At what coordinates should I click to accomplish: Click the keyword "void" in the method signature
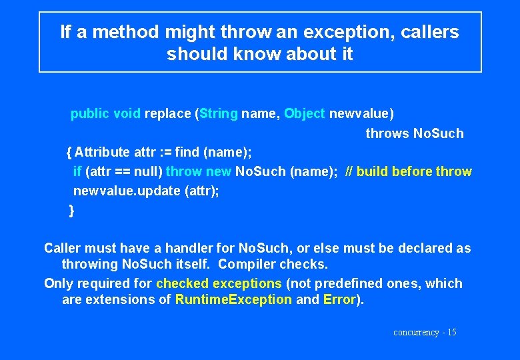pyautogui.click(x=127, y=113)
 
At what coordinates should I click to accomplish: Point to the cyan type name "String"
pyautogui.click(x=218, y=113)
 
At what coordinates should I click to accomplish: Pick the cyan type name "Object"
pyautogui.click(x=304, y=113)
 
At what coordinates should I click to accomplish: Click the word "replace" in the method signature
pyautogui.click(x=167, y=113)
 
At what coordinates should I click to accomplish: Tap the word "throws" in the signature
pyautogui.click(x=387, y=133)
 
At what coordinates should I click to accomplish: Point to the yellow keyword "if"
pyautogui.click(x=77, y=171)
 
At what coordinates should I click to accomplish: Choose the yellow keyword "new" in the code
pyautogui.click(x=219, y=171)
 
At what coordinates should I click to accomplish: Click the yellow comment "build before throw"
pyautogui.click(x=414, y=171)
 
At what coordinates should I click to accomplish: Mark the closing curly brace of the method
pyautogui.click(x=71, y=211)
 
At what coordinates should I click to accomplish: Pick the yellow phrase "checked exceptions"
pyautogui.click(x=219, y=283)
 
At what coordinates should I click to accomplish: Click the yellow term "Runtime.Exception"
pyautogui.click(x=233, y=299)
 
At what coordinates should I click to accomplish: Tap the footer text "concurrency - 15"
pyautogui.click(x=425, y=332)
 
